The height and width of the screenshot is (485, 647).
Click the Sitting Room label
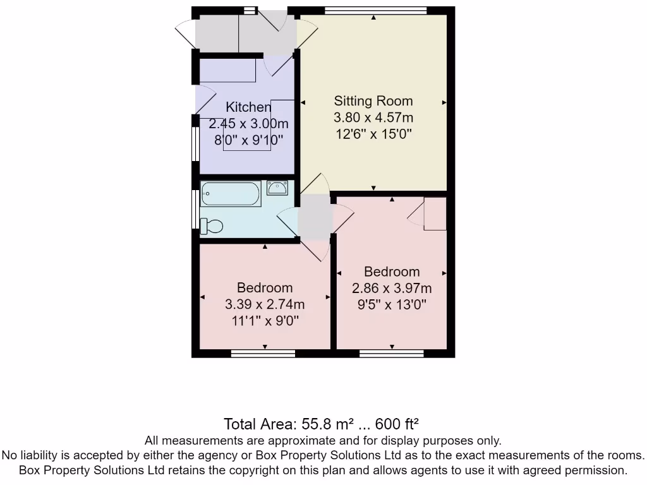[x=373, y=101]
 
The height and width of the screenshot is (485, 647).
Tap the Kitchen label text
[x=248, y=107]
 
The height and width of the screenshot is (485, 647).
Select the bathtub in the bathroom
[x=231, y=193]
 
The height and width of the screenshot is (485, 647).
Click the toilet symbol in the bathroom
[x=212, y=226]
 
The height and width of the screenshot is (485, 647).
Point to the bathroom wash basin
[x=277, y=188]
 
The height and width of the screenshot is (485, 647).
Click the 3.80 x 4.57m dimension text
[x=373, y=117]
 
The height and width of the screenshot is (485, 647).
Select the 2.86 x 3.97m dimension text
[x=392, y=288]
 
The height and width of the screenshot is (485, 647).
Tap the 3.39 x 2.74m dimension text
[x=265, y=304]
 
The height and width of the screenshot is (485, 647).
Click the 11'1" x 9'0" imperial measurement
[x=265, y=320]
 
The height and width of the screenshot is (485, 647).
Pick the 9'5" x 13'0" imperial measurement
[x=392, y=305]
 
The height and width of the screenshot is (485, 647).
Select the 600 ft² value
[x=397, y=424]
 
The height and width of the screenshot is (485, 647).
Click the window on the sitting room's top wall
[x=375, y=10]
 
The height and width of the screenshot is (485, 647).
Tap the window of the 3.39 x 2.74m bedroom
[x=263, y=354]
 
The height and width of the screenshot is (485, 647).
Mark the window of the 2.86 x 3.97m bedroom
[x=392, y=354]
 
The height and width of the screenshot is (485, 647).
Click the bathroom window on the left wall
[x=196, y=208]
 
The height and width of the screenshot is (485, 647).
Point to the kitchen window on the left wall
[x=196, y=143]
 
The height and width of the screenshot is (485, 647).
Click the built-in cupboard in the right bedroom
[x=435, y=213]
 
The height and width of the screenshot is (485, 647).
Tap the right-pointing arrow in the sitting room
[x=444, y=103]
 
